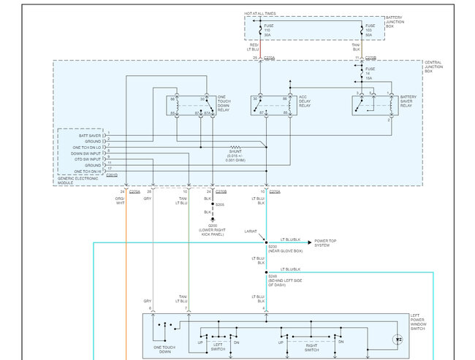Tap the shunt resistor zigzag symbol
pos(236,146)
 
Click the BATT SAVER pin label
pos(90,135)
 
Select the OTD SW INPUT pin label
pos(88,158)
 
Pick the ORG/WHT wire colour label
pos(120,200)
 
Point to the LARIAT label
pos(251,231)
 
